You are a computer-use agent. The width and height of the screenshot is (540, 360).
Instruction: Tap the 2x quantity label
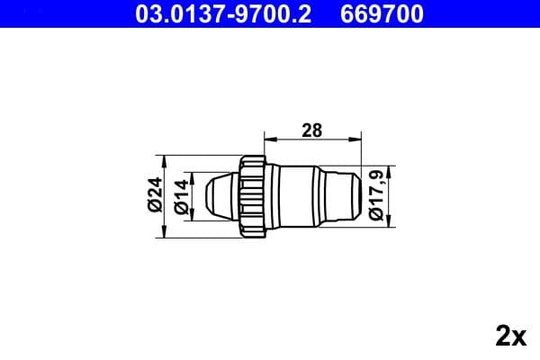509,337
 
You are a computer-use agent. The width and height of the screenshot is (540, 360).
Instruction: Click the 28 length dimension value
311,130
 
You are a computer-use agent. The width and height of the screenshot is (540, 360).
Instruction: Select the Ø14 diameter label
179,195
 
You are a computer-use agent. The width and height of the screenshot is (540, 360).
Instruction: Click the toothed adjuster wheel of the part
254,195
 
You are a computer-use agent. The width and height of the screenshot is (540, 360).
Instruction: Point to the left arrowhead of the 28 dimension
267,139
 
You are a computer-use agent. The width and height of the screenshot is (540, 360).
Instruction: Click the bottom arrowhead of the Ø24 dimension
165,233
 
